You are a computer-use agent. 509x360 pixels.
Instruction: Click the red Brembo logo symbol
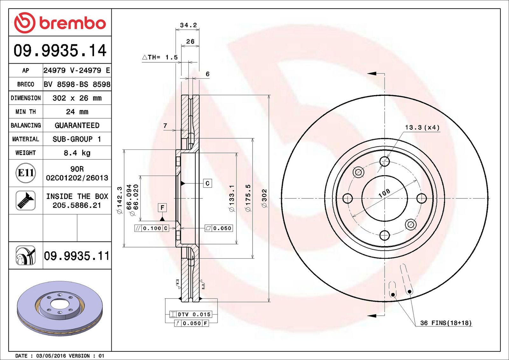click(25, 23)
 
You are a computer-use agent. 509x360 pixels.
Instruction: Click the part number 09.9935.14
click(60, 51)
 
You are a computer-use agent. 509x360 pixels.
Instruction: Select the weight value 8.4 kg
click(77, 153)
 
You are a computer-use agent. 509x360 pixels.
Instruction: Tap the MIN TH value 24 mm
click(77, 112)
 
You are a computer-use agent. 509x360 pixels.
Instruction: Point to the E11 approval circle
click(26, 173)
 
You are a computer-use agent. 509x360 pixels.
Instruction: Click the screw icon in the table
click(25, 201)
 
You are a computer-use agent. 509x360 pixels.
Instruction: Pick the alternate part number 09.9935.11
click(77, 256)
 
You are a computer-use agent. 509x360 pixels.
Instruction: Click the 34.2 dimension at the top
click(188, 25)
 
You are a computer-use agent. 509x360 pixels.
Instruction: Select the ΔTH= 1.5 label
click(160, 57)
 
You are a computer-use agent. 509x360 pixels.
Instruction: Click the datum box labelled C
click(207, 183)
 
